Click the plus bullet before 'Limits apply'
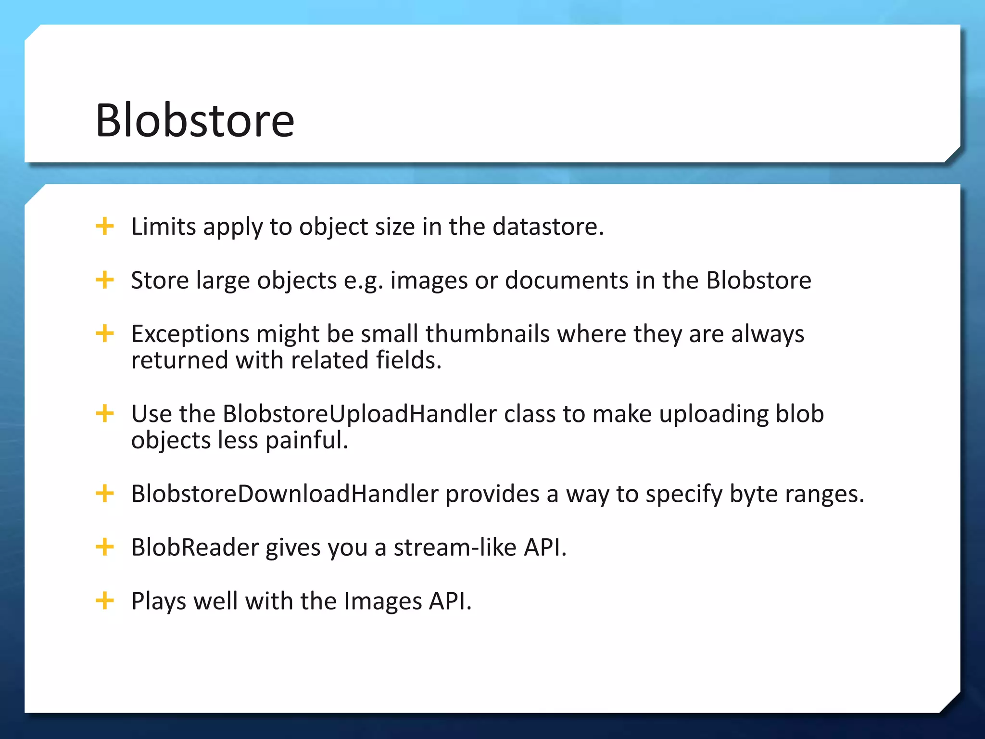click(105, 226)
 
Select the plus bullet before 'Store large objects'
click(105, 280)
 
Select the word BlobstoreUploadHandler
click(359, 414)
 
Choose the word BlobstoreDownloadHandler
click(285, 494)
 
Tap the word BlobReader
click(195, 548)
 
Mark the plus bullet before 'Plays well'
click(105, 600)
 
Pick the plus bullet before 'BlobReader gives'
click(105, 547)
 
